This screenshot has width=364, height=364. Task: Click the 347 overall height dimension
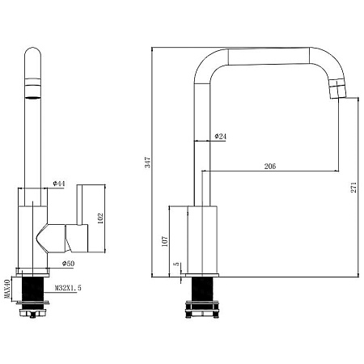[x=148, y=163]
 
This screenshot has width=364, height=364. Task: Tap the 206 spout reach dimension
[x=270, y=166]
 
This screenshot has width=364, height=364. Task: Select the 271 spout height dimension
[x=353, y=187]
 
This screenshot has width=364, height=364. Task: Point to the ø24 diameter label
[x=221, y=137]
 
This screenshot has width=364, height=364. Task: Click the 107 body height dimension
[x=164, y=241]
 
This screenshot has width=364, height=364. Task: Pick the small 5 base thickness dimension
[x=176, y=264]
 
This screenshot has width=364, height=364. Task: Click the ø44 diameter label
[x=59, y=184]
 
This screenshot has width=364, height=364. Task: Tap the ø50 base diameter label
[x=69, y=264]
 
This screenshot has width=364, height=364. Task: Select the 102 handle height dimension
[x=100, y=218]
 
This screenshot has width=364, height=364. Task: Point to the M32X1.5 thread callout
[x=68, y=288]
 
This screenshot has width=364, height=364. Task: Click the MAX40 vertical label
[x=7, y=289]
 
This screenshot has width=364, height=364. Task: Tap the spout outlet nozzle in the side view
[x=337, y=89]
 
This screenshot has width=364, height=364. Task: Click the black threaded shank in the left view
[x=32, y=289]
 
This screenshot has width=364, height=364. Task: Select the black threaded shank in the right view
[x=202, y=289]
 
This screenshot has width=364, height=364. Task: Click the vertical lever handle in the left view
[x=79, y=205]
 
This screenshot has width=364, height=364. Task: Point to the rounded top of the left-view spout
[x=32, y=53]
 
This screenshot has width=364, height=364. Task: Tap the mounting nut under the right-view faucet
[x=202, y=309]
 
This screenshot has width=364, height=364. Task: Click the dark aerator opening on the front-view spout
[x=33, y=97]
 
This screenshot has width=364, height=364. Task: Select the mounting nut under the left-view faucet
[x=32, y=309]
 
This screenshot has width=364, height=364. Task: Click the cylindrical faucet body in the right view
[x=202, y=240]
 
